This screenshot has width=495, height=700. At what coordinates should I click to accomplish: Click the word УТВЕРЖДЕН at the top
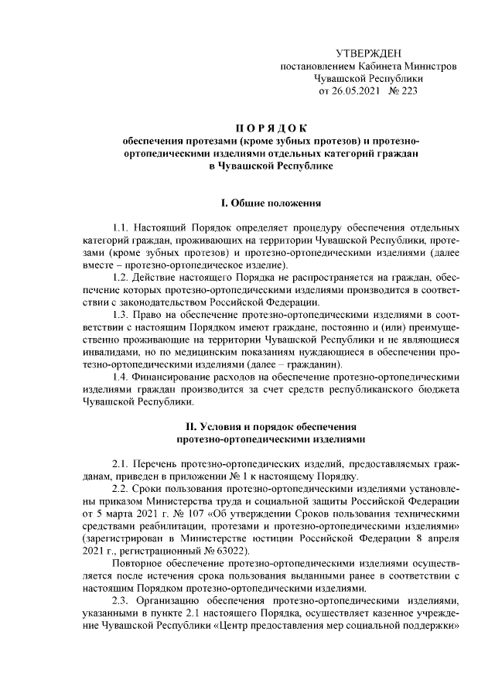pyautogui.click(x=368, y=53)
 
